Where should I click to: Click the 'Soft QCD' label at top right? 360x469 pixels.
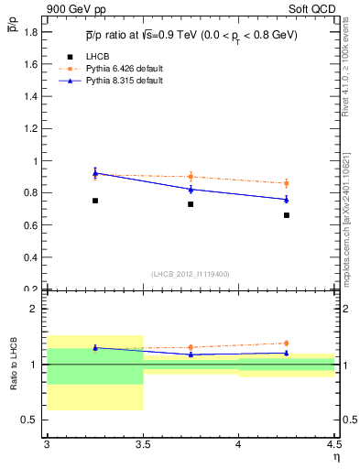(x=311, y=9)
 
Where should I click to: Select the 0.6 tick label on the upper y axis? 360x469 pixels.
(x=32, y=225)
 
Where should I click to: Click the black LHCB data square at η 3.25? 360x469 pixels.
(x=95, y=201)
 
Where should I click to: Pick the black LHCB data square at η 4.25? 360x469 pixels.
(x=287, y=215)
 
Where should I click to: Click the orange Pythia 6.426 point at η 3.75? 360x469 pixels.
(x=191, y=177)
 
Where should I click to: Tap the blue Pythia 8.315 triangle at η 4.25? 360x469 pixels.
(x=287, y=199)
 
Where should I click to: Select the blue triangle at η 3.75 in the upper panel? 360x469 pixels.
(x=191, y=189)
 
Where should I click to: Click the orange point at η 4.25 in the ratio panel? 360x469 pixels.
(x=287, y=344)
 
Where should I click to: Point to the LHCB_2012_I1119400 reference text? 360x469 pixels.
(x=190, y=274)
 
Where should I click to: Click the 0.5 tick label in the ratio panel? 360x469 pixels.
(x=32, y=420)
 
